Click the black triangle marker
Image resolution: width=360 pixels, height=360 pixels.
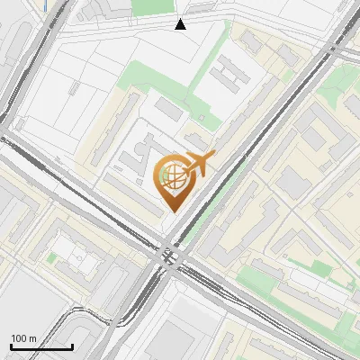(x=181, y=24)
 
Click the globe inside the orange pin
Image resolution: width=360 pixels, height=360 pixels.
(x=171, y=175)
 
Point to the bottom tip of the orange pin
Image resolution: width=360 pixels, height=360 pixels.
(x=172, y=211)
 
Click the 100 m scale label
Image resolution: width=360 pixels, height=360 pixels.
(x=23, y=338)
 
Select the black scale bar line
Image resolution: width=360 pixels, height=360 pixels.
(x=41, y=346)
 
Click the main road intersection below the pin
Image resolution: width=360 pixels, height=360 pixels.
(x=170, y=256)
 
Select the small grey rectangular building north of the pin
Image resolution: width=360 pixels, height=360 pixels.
(x=168, y=110)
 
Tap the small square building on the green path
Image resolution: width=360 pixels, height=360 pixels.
(x=209, y=118)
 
